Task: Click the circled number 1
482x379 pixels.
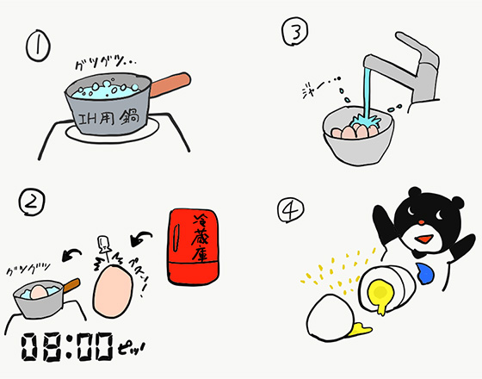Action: (39, 45)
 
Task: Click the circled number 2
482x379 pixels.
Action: (32, 202)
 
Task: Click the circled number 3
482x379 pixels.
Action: (294, 34)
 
